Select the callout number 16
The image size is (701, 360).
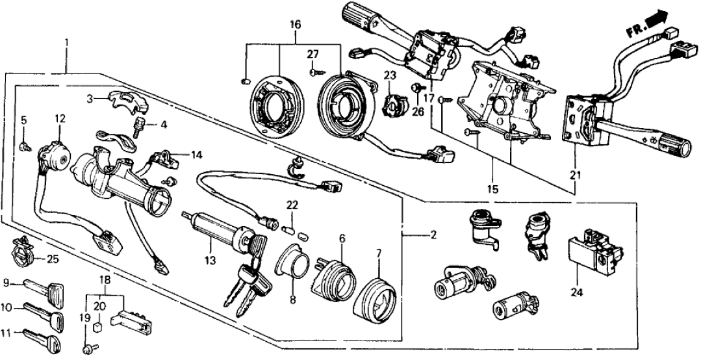pyautogui.click(x=295, y=25)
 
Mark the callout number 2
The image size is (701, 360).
pyautogui.click(x=432, y=235)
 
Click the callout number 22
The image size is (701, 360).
pyautogui.click(x=293, y=205)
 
